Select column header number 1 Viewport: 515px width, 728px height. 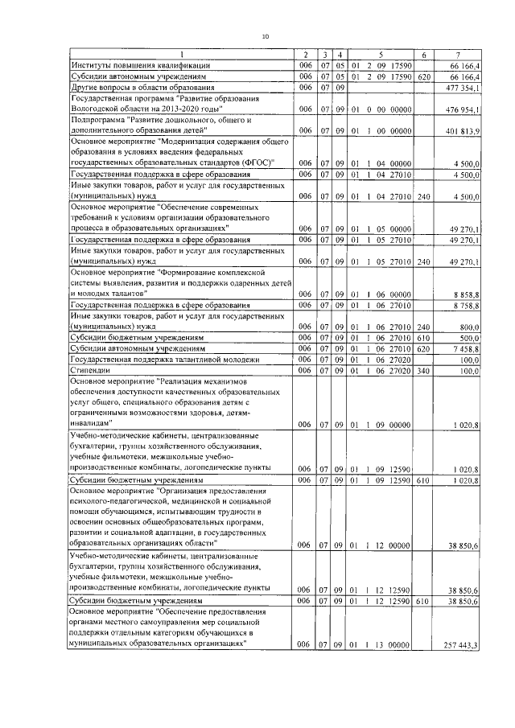181,53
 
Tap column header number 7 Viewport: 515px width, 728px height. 459,53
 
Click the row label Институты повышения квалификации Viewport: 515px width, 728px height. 142,64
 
